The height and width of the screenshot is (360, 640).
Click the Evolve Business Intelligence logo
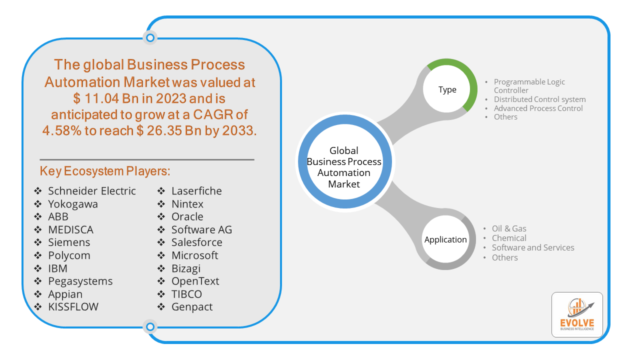577,314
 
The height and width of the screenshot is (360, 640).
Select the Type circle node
447,89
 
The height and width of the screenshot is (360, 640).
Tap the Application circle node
445,239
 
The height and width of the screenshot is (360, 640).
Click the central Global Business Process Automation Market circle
344,167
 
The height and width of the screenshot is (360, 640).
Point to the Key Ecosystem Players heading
105,171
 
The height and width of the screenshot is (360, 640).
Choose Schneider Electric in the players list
91,191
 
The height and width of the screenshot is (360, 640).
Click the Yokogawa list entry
73,204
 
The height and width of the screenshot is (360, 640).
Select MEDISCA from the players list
70,229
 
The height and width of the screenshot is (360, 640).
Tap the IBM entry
57,268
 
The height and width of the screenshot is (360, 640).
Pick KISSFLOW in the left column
73,306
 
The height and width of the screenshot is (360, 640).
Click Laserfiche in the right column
196,191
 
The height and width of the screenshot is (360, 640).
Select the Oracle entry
187,216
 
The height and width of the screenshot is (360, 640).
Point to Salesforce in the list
196,242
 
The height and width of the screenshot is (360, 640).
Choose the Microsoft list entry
194,255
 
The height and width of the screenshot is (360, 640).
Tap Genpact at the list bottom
192,306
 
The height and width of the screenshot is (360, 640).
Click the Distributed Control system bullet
539,99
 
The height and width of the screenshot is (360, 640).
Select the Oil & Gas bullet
509,228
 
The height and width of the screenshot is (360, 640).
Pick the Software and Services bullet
533,247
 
